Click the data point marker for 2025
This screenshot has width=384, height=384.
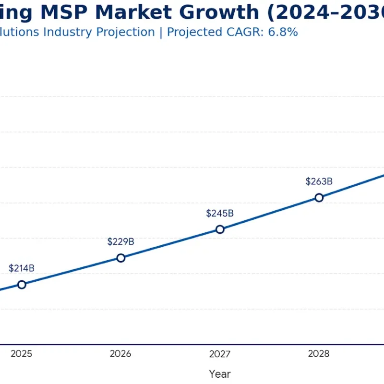click(22, 285)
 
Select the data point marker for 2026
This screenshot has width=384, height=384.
click(121, 258)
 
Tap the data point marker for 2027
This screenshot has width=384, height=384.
click(220, 229)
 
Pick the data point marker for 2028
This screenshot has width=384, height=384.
click(319, 198)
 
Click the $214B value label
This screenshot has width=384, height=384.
click(22, 268)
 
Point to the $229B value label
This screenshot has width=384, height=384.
click(121, 241)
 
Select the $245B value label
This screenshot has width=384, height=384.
click(220, 213)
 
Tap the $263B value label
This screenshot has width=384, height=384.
click(319, 181)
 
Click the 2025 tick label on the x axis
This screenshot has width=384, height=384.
click(21, 354)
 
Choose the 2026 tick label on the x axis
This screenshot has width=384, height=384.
click(120, 354)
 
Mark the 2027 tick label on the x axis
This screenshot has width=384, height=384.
click(220, 354)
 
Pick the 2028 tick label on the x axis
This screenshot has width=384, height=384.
click(319, 354)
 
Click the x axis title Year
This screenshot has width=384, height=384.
click(220, 374)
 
